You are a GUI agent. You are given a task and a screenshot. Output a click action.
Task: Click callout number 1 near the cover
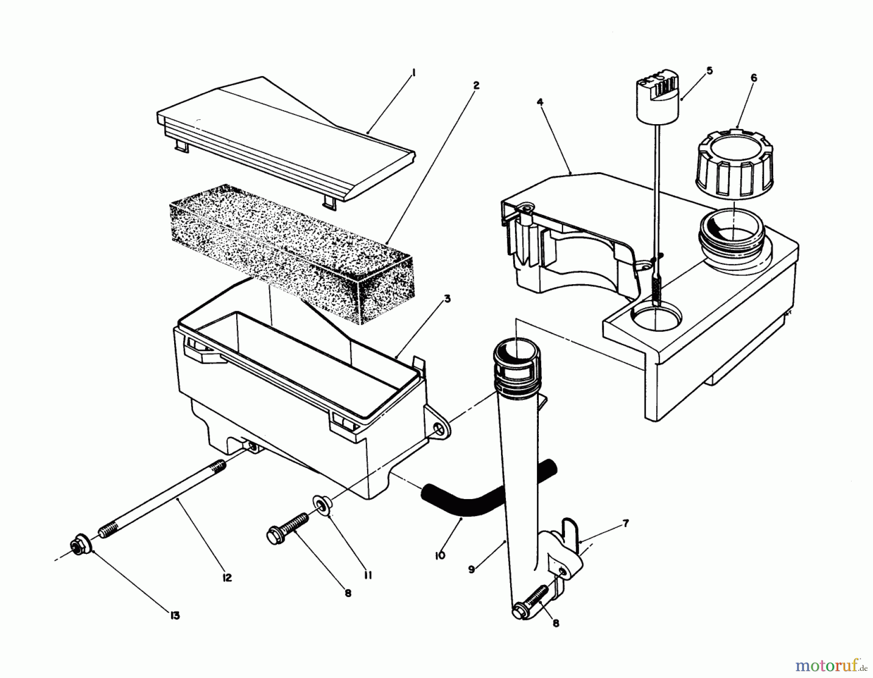[414, 73]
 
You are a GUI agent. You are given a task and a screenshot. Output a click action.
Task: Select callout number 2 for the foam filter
[476, 86]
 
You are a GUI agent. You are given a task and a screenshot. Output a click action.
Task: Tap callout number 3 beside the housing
[447, 299]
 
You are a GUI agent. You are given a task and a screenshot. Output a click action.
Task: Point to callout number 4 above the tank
[540, 102]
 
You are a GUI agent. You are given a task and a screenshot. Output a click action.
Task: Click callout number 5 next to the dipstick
[710, 71]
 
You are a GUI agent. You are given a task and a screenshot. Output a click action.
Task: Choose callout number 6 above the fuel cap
[753, 78]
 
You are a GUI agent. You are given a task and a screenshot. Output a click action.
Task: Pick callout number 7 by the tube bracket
[626, 523]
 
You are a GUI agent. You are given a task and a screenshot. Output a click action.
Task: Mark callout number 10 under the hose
[440, 555]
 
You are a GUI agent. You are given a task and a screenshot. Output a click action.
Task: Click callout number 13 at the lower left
[175, 615]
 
